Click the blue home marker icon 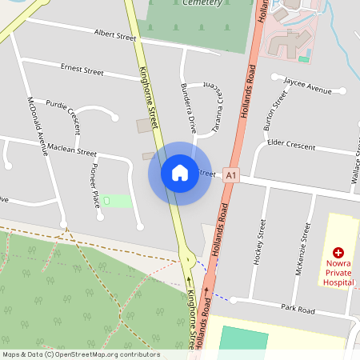179,173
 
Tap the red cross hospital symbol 338,252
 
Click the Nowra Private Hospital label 338,272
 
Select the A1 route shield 231,174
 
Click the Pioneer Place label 95,184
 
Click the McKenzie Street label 302,249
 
